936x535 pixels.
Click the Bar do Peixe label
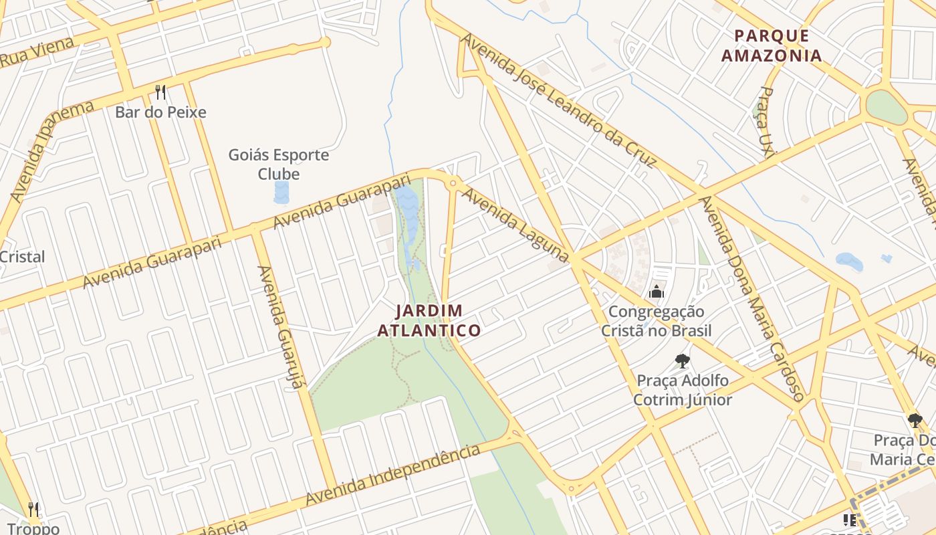coord(160,112)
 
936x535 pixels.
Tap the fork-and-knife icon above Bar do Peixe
coord(160,92)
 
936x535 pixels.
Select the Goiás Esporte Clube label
coord(279,165)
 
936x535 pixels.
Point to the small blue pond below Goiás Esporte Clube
coord(281,193)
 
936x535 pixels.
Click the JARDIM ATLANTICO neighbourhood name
coord(429,320)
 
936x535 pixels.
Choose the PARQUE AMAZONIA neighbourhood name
coord(772,45)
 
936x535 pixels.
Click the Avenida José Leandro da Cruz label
coord(558,100)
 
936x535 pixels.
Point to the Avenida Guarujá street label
coord(281,328)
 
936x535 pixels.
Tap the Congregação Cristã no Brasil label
coord(656,321)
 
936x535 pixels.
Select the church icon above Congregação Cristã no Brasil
coord(657,292)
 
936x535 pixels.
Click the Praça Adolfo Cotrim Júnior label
coord(683,391)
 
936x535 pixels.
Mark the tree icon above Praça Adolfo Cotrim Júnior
coord(682,361)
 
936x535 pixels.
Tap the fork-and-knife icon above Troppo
coord(34,509)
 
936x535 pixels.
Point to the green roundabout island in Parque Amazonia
coord(887,107)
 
